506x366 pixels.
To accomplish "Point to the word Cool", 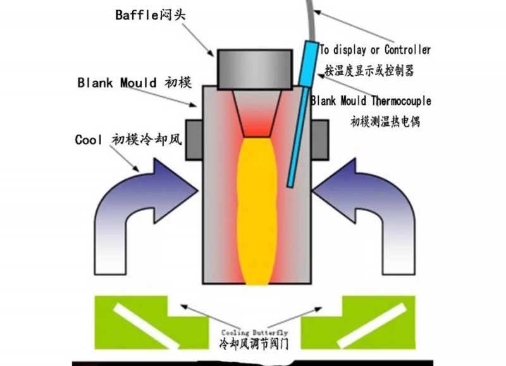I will coord(88,140).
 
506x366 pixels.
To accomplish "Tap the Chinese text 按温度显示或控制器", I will coord(369,70).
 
